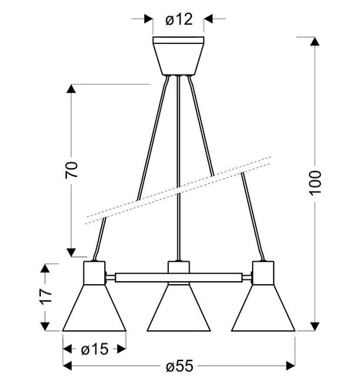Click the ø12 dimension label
[x=179, y=19]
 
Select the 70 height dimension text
[x=72, y=170]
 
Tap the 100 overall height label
[x=315, y=183]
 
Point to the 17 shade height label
[x=46, y=296]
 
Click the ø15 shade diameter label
[x=95, y=349]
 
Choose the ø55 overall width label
[x=179, y=366]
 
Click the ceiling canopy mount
[x=178, y=55]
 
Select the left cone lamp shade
[x=94, y=308]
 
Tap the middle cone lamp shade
[x=179, y=308]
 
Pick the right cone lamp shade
[x=263, y=308]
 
